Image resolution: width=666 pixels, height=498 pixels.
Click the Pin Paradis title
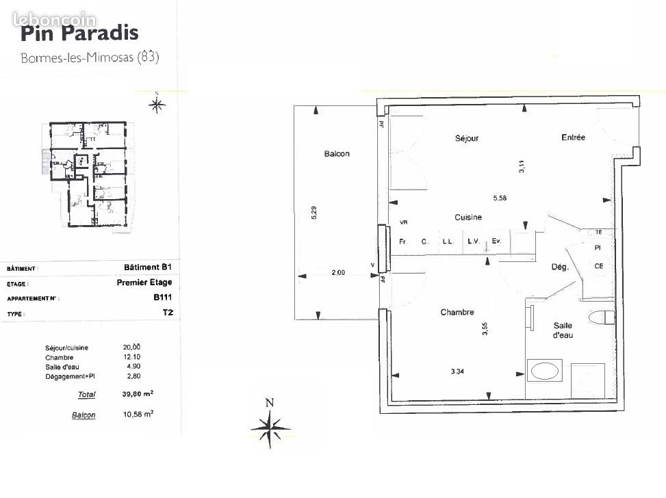click(x=79, y=32)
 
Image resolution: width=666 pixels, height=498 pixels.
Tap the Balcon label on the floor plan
click(x=337, y=154)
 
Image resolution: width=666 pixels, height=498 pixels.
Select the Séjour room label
click(x=466, y=138)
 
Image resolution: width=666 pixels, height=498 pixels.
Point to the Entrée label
click(x=573, y=137)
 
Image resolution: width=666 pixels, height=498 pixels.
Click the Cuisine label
click(x=468, y=217)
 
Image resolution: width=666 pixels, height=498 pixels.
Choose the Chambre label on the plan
click(x=457, y=313)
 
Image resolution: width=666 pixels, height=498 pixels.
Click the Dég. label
click(x=560, y=267)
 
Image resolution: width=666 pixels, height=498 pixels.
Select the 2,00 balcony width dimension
click(x=338, y=272)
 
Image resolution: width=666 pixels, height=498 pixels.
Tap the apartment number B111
click(x=163, y=298)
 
